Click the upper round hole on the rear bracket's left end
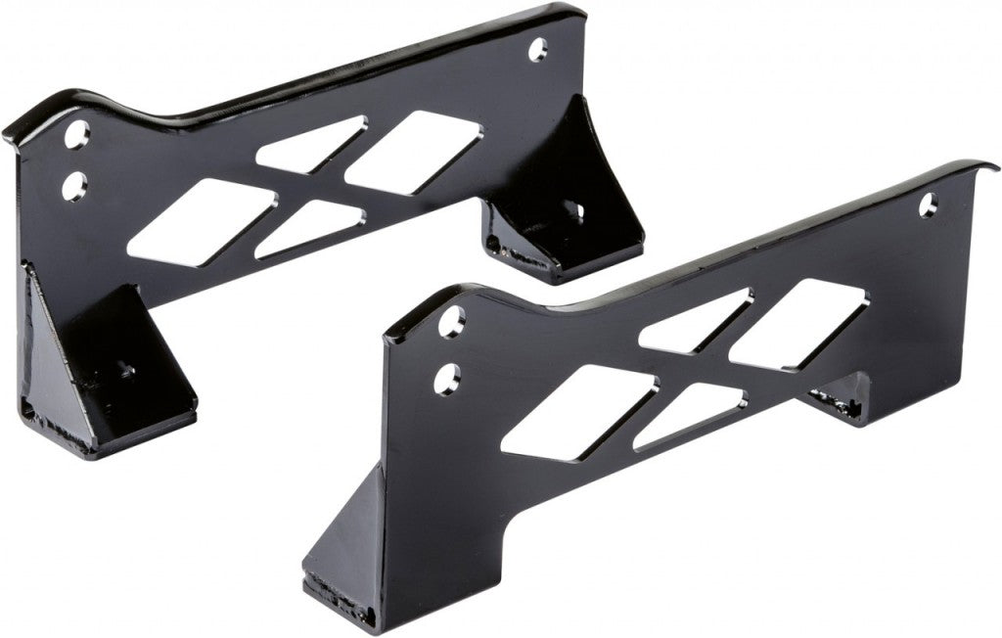[x=77, y=134]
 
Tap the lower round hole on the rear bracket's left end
[x=72, y=185]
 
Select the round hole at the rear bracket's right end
[x=537, y=49]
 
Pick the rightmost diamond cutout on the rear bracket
[x=415, y=152]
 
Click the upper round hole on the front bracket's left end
[x=451, y=322]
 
